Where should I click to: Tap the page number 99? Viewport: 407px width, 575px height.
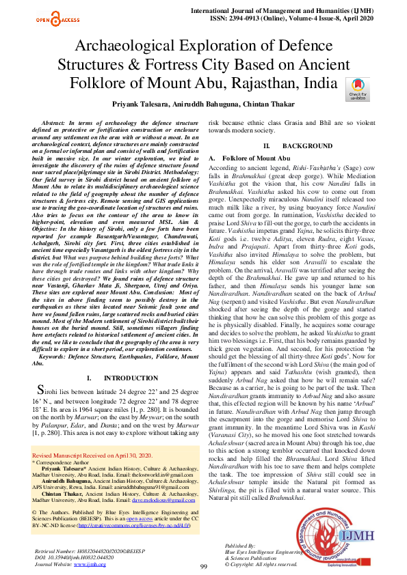pos(203,567)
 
